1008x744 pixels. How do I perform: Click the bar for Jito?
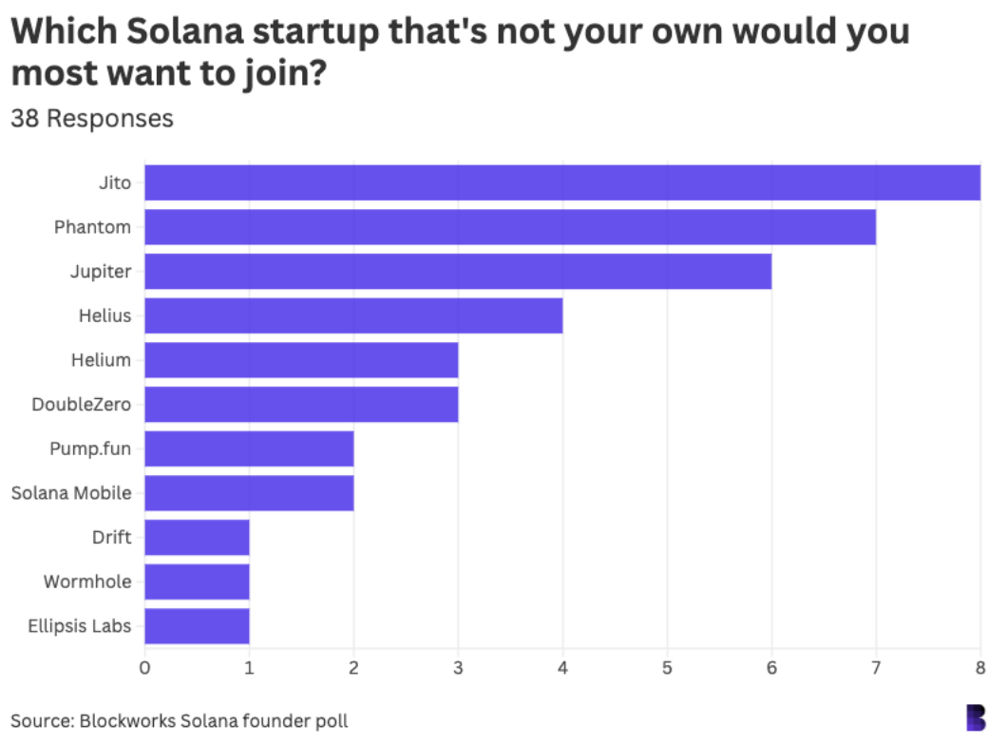point(562,182)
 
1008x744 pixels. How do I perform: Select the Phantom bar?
point(510,227)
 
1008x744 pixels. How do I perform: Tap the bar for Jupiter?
point(458,272)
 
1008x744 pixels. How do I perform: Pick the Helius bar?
point(353,315)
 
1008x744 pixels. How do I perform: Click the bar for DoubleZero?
point(301,404)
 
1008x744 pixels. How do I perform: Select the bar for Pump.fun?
point(249,448)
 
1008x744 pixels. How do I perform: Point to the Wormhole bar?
point(197,582)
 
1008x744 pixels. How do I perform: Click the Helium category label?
point(101,360)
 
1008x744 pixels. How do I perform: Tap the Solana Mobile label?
point(71,493)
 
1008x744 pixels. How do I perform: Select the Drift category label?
point(112,538)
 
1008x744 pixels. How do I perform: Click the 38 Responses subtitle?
point(92,119)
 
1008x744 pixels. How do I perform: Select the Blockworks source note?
point(180,721)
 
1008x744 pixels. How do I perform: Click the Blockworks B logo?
point(976,718)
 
